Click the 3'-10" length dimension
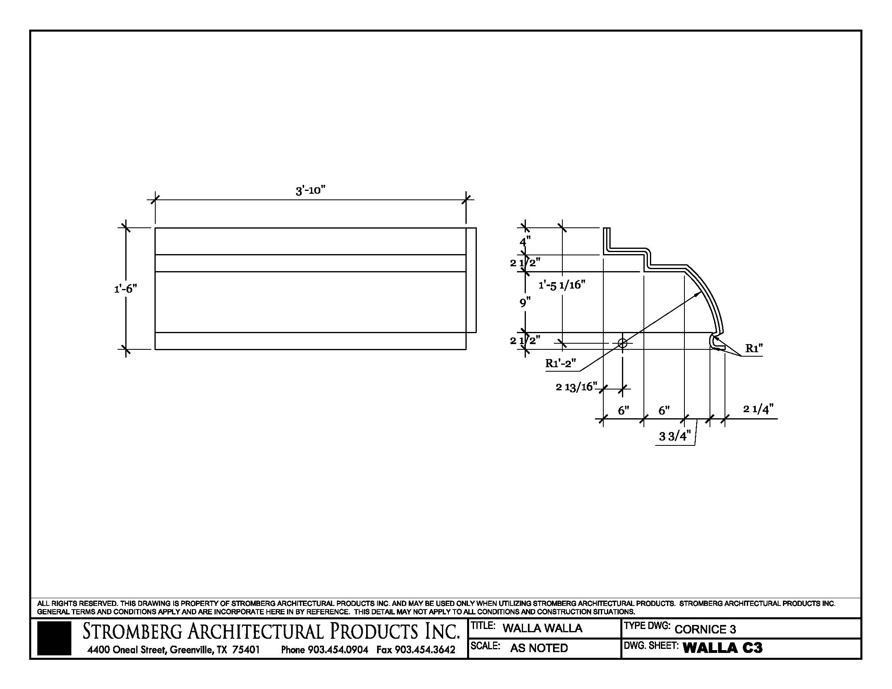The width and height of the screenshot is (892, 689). [311, 190]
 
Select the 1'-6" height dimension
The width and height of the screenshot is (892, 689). [125, 289]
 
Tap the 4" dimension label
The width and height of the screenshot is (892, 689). [525, 241]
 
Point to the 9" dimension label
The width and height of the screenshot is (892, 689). [525, 302]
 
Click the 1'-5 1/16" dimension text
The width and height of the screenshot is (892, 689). [562, 285]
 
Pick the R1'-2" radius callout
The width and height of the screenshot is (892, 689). [560, 363]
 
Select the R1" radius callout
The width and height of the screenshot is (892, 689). [754, 348]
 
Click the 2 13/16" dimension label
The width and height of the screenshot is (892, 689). [576, 387]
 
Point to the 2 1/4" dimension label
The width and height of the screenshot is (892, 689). [758, 409]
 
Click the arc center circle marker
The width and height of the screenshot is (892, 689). [622, 343]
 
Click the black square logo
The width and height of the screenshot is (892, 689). [54, 638]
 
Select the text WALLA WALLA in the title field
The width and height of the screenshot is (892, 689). [542, 628]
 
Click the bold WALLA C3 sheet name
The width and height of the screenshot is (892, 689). [722, 648]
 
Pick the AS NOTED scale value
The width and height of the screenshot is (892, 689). [539, 648]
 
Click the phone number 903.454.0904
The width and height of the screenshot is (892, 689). [338, 649]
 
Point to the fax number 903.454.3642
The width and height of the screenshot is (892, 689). [425, 649]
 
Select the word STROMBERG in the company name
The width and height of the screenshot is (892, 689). [132, 631]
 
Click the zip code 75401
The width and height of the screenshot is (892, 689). [246, 649]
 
